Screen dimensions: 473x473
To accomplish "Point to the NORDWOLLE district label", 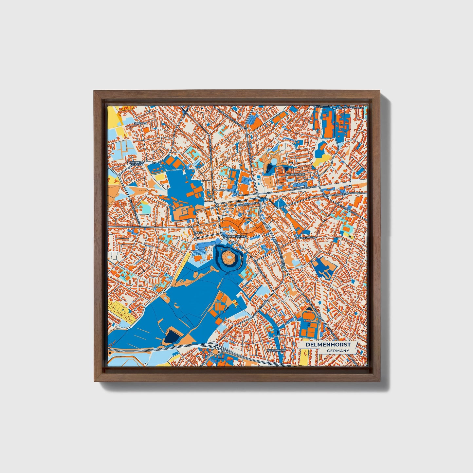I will point(296,174).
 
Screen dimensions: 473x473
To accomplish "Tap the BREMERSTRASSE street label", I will point(344,194).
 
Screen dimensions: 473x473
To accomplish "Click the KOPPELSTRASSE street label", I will point(249,204).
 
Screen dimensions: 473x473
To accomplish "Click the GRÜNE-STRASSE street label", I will point(307,238).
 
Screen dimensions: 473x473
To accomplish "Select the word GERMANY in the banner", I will point(338,351).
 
